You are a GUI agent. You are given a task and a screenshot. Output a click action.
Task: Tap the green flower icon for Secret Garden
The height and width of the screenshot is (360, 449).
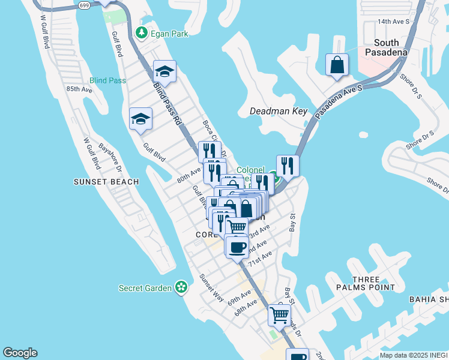click(x=181, y=288)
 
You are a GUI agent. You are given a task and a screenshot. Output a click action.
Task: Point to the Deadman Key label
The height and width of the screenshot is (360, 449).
click(x=279, y=111)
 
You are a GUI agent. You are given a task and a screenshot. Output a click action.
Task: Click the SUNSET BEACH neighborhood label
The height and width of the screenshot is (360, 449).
click(x=106, y=181)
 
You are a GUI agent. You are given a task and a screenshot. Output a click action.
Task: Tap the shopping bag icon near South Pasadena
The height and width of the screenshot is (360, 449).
click(x=337, y=65)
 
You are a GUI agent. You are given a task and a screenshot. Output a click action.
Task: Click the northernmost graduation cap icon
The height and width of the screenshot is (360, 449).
click(x=164, y=72)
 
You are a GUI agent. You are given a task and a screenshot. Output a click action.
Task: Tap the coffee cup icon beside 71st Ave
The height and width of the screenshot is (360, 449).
click(x=237, y=247)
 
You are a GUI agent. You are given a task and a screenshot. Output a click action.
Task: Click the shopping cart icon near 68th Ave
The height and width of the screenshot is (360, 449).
click(x=279, y=314)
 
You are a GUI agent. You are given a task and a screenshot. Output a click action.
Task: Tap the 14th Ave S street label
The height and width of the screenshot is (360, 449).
click(x=393, y=22)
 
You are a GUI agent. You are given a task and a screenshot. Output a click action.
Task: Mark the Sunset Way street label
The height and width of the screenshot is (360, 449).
click(x=212, y=289)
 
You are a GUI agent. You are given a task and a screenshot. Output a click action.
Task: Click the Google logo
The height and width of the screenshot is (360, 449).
click(x=20, y=353)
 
